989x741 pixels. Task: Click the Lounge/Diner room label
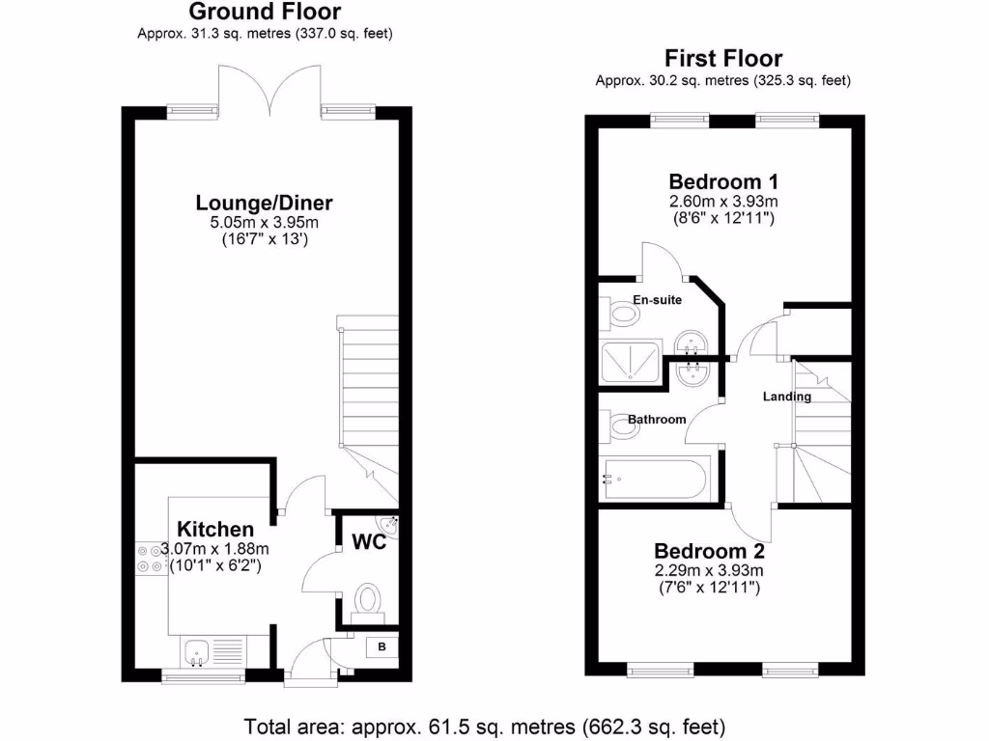click(x=264, y=203)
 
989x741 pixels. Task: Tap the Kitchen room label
click(x=215, y=529)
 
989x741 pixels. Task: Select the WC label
click(x=368, y=542)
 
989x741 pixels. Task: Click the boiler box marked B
click(x=382, y=647)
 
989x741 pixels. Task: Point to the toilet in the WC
click(x=368, y=599)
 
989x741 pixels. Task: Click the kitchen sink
click(x=199, y=653)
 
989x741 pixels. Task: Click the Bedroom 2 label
click(x=709, y=552)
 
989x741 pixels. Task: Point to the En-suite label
click(x=657, y=300)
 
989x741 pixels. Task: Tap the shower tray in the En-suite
click(x=632, y=362)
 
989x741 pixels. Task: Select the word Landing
click(x=786, y=397)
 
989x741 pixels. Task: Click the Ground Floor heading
click(x=264, y=12)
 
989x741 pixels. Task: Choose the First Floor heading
click(x=722, y=59)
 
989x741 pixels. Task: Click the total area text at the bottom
click(x=484, y=725)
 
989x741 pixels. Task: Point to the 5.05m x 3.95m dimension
click(x=264, y=223)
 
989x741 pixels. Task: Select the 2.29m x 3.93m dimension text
click(x=709, y=570)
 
